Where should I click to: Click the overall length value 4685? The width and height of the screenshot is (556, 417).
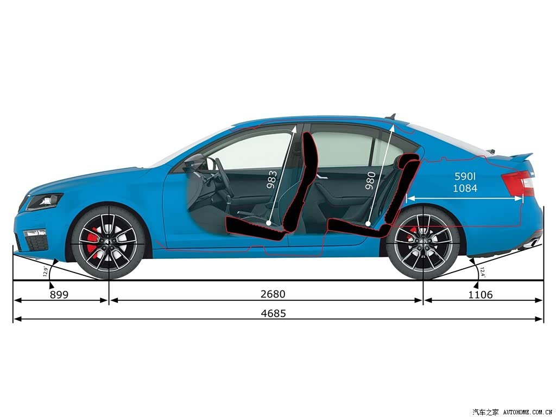273,313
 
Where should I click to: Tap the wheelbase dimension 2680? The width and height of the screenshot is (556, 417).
273,294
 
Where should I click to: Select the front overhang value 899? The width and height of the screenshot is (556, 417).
59,295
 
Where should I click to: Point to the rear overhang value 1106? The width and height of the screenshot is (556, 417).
481,295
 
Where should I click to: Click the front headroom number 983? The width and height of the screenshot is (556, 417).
272,180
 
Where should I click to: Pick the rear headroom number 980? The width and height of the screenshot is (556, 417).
370,180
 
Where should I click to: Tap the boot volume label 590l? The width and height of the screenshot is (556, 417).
465,176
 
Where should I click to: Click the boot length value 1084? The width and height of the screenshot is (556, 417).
465,188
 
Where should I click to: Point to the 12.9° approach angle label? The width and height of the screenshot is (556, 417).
45,271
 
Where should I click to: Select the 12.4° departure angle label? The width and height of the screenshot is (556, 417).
482,273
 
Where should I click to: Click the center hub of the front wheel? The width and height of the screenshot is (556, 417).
108,242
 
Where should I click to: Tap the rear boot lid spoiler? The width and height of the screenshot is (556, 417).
521,156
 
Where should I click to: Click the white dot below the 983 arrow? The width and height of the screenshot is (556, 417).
268,223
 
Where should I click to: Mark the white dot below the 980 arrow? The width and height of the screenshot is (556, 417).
368,224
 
